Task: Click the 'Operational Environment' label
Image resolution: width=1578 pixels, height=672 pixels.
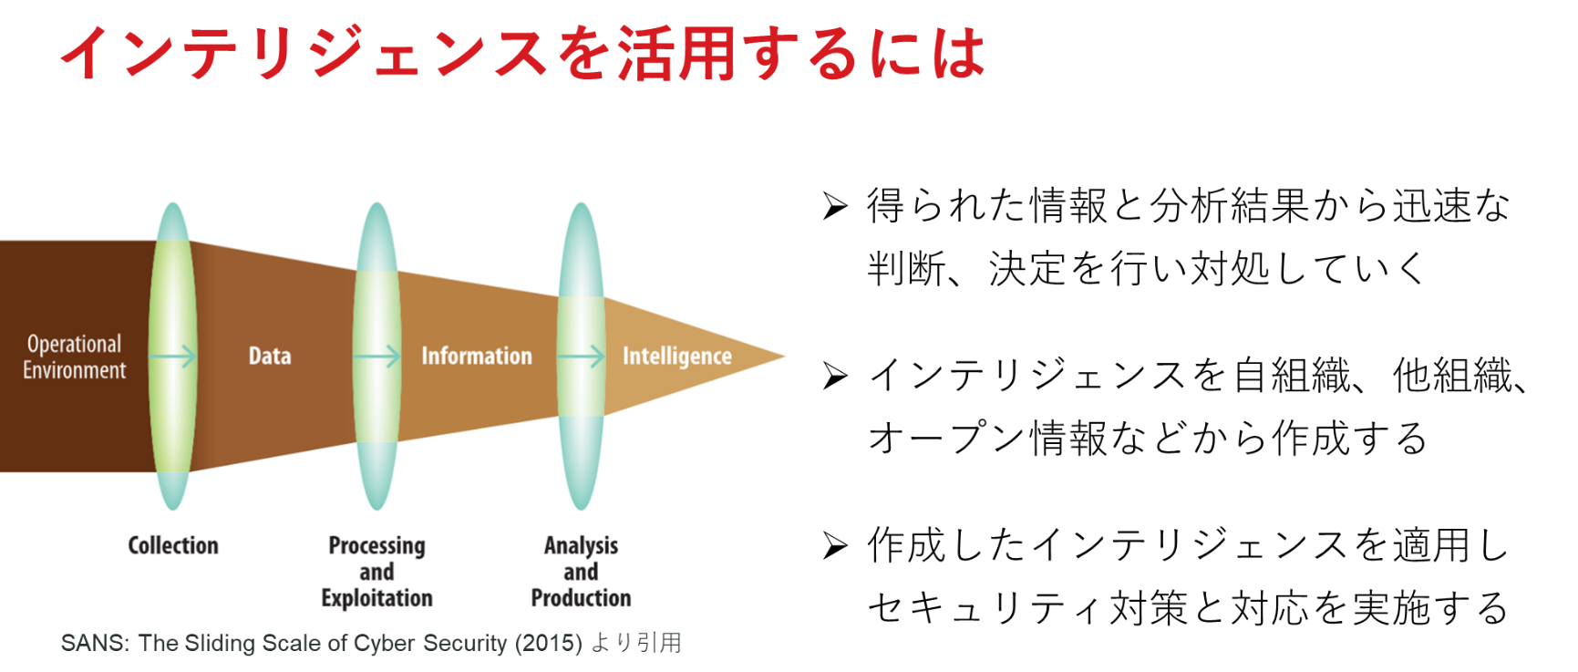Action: [75, 357]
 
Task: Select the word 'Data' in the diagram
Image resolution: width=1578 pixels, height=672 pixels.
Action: [270, 356]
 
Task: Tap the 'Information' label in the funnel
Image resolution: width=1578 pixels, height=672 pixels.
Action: [477, 356]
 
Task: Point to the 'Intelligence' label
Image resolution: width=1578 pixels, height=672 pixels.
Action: [677, 357]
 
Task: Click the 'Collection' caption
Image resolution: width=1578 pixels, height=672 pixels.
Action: [173, 545]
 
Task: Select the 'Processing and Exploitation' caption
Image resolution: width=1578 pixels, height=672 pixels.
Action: [377, 572]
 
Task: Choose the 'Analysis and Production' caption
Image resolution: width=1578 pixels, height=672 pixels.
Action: [582, 572]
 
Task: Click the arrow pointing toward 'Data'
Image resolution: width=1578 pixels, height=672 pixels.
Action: [172, 356]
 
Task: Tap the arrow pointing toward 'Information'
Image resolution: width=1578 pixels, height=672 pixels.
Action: [376, 356]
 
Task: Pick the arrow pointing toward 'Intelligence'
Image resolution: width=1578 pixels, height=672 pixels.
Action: [581, 356]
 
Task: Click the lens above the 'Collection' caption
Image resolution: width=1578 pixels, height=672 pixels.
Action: [173, 356]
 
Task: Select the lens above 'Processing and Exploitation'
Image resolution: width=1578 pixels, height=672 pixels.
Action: [377, 356]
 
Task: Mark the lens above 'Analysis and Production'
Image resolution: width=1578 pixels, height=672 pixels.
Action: [582, 356]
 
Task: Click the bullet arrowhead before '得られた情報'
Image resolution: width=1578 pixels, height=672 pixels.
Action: [835, 206]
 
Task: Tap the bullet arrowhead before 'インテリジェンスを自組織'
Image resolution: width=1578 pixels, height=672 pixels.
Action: [835, 376]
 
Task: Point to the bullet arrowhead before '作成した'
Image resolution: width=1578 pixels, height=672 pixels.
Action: [835, 545]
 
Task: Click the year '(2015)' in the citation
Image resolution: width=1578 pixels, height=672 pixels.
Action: [549, 644]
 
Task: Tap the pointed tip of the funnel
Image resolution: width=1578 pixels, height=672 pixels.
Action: [784, 356]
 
